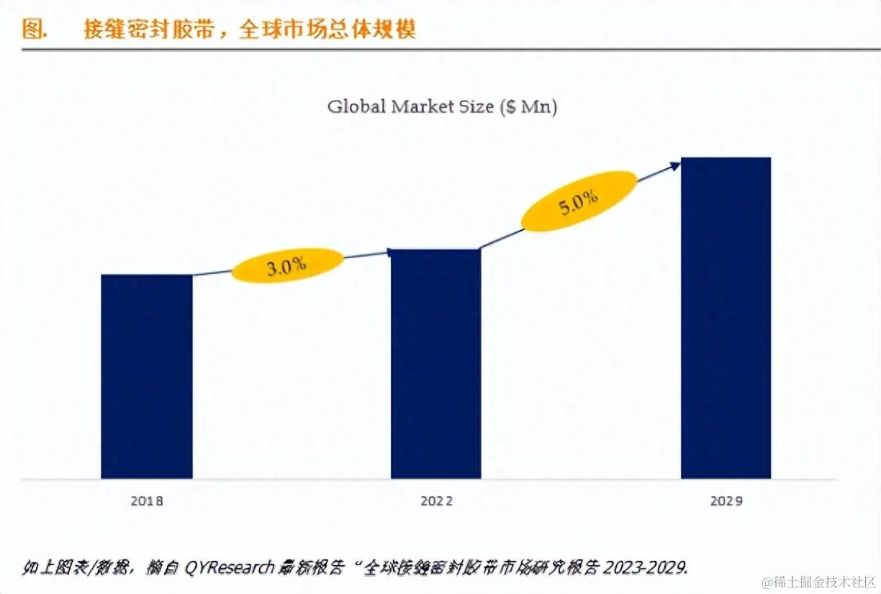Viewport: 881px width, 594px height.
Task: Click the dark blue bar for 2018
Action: (146, 376)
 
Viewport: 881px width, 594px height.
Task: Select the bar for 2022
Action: (435, 363)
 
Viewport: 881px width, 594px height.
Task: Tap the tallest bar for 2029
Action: (726, 317)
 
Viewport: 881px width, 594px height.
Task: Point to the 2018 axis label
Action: (146, 501)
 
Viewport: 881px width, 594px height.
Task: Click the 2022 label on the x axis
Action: (436, 501)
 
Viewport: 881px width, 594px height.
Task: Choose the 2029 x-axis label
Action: (726, 501)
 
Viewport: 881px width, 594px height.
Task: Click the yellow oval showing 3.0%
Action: (287, 265)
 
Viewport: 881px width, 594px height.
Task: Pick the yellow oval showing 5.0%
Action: (579, 201)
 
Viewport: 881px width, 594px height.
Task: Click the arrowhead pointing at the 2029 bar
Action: (674, 165)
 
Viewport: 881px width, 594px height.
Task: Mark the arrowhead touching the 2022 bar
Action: (389, 252)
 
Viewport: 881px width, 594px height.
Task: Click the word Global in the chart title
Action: (357, 107)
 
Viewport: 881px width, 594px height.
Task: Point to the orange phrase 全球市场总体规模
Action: (328, 29)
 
